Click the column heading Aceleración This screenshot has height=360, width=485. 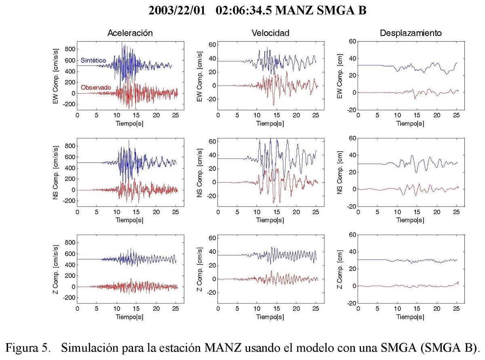[130, 34]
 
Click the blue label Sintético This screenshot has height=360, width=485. [93, 60]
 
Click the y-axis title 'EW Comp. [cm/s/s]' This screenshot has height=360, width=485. [55, 77]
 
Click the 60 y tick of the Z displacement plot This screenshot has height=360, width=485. [352, 235]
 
